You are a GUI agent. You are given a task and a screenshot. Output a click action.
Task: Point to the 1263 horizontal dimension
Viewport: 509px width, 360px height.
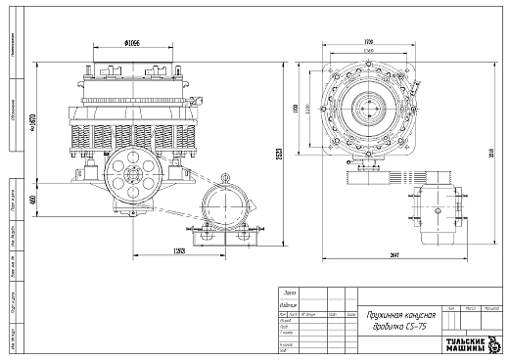179,252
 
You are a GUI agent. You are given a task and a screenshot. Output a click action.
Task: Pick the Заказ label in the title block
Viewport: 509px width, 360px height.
289,292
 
